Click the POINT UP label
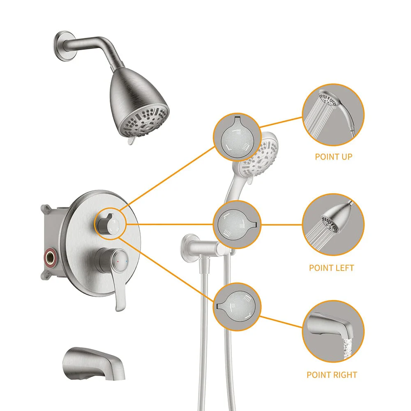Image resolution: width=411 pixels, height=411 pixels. pyautogui.click(x=333, y=157)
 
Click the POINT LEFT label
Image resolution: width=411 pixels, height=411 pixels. pyautogui.click(x=331, y=268)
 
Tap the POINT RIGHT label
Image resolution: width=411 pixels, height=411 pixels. pyautogui.click(x=332, y=374)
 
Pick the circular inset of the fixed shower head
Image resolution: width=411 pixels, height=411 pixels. pyautogui.click(x=333, y=224)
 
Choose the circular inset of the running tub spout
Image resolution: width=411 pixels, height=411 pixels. pyautogui.click(x=333, y=331)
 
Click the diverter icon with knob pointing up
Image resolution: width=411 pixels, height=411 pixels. pyautogui.click(x=237, y=137)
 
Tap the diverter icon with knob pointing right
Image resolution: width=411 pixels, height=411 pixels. pyautogui.click(x=237, y=224)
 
